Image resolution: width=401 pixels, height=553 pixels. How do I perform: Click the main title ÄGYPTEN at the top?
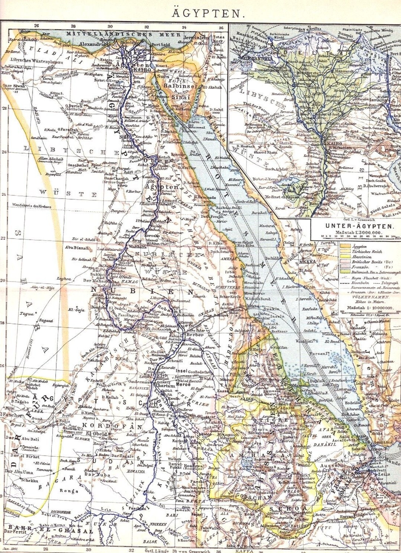point(208,14)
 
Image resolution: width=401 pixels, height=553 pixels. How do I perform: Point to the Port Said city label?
point(160,45)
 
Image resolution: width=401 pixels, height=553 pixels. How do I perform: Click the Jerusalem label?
point(196,38)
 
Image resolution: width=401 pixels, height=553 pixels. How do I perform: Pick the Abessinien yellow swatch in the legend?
point(345,257)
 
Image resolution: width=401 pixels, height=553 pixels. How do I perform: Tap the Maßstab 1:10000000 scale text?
point(369,308)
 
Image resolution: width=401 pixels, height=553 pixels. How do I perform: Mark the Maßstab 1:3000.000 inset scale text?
point(358,232)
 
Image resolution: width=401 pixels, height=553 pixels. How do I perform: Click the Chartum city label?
point(164,385)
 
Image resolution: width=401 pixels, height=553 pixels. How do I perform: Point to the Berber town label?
point(195,334)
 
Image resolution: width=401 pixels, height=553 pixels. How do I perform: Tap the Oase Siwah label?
point(14,86)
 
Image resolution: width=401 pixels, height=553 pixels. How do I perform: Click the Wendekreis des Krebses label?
point(32,205)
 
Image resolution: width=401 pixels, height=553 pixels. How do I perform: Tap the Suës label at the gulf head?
point(164,76)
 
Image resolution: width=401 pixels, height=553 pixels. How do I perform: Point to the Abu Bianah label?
point(77,248)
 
